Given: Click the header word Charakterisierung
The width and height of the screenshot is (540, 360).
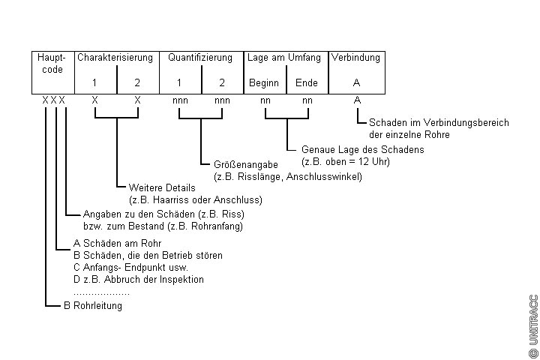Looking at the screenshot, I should tap(115, 57).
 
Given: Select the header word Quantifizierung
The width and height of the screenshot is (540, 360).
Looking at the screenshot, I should tap(201, 57).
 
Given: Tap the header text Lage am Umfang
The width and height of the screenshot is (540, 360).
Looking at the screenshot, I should tap(284, 57).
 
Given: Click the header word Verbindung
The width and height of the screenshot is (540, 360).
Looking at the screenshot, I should tap(356, 57).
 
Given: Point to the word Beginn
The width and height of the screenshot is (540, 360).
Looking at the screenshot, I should tap(263, 82).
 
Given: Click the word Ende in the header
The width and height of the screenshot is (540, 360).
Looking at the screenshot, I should tap(307, 82).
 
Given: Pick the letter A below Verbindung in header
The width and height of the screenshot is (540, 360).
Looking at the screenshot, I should tap(356, 82).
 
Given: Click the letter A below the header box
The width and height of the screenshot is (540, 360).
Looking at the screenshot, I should tap(357, 100).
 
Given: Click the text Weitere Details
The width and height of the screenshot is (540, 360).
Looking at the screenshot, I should tap(162, 187).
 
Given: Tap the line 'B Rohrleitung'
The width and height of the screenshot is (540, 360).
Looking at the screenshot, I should tap(92, 306).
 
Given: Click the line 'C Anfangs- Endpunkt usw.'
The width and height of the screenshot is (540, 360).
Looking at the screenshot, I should tap(130, 267).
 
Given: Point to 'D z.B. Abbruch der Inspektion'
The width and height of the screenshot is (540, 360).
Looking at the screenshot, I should tap(139, 279).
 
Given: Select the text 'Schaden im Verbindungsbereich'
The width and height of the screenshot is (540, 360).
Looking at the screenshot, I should tap(439, 123).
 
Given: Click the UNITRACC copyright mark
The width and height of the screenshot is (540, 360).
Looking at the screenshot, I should tap(533, 325).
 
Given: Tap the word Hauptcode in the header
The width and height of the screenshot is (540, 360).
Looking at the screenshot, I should tap(52, 63).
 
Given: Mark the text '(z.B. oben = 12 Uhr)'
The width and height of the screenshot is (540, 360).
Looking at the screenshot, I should tap(346, 161).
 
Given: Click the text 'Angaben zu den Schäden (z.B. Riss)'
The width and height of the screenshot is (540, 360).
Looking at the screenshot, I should tap(163, 214).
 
